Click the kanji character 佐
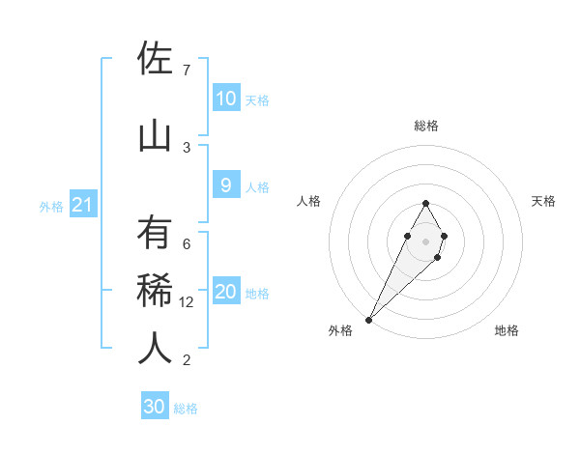(x=155, y=60)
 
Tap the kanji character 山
(x=155, y=135)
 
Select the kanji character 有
(x=155, y=235)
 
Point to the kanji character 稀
(x=155, y=292)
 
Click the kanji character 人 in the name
(x=155, y=350)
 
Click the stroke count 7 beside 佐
(x=186, y=71)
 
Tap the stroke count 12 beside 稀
(x=188, y=302)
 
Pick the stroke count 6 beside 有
(x=186, y=244)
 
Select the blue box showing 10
(x=225, y=99)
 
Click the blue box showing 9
(x=225, y=185)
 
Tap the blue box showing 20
(x=225, y=292)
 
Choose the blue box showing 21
(x=82, y=205)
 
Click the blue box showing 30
(x=155, y=407)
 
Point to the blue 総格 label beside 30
(x=186, y=409)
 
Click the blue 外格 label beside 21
(x=50, y=207)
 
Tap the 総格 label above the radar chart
(x=425, y=127)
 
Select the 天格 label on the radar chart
(x=544, y=201)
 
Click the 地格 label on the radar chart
(x=507, y=330)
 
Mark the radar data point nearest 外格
(x=368, y=319)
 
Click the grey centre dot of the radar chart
(x=425, y=241)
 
